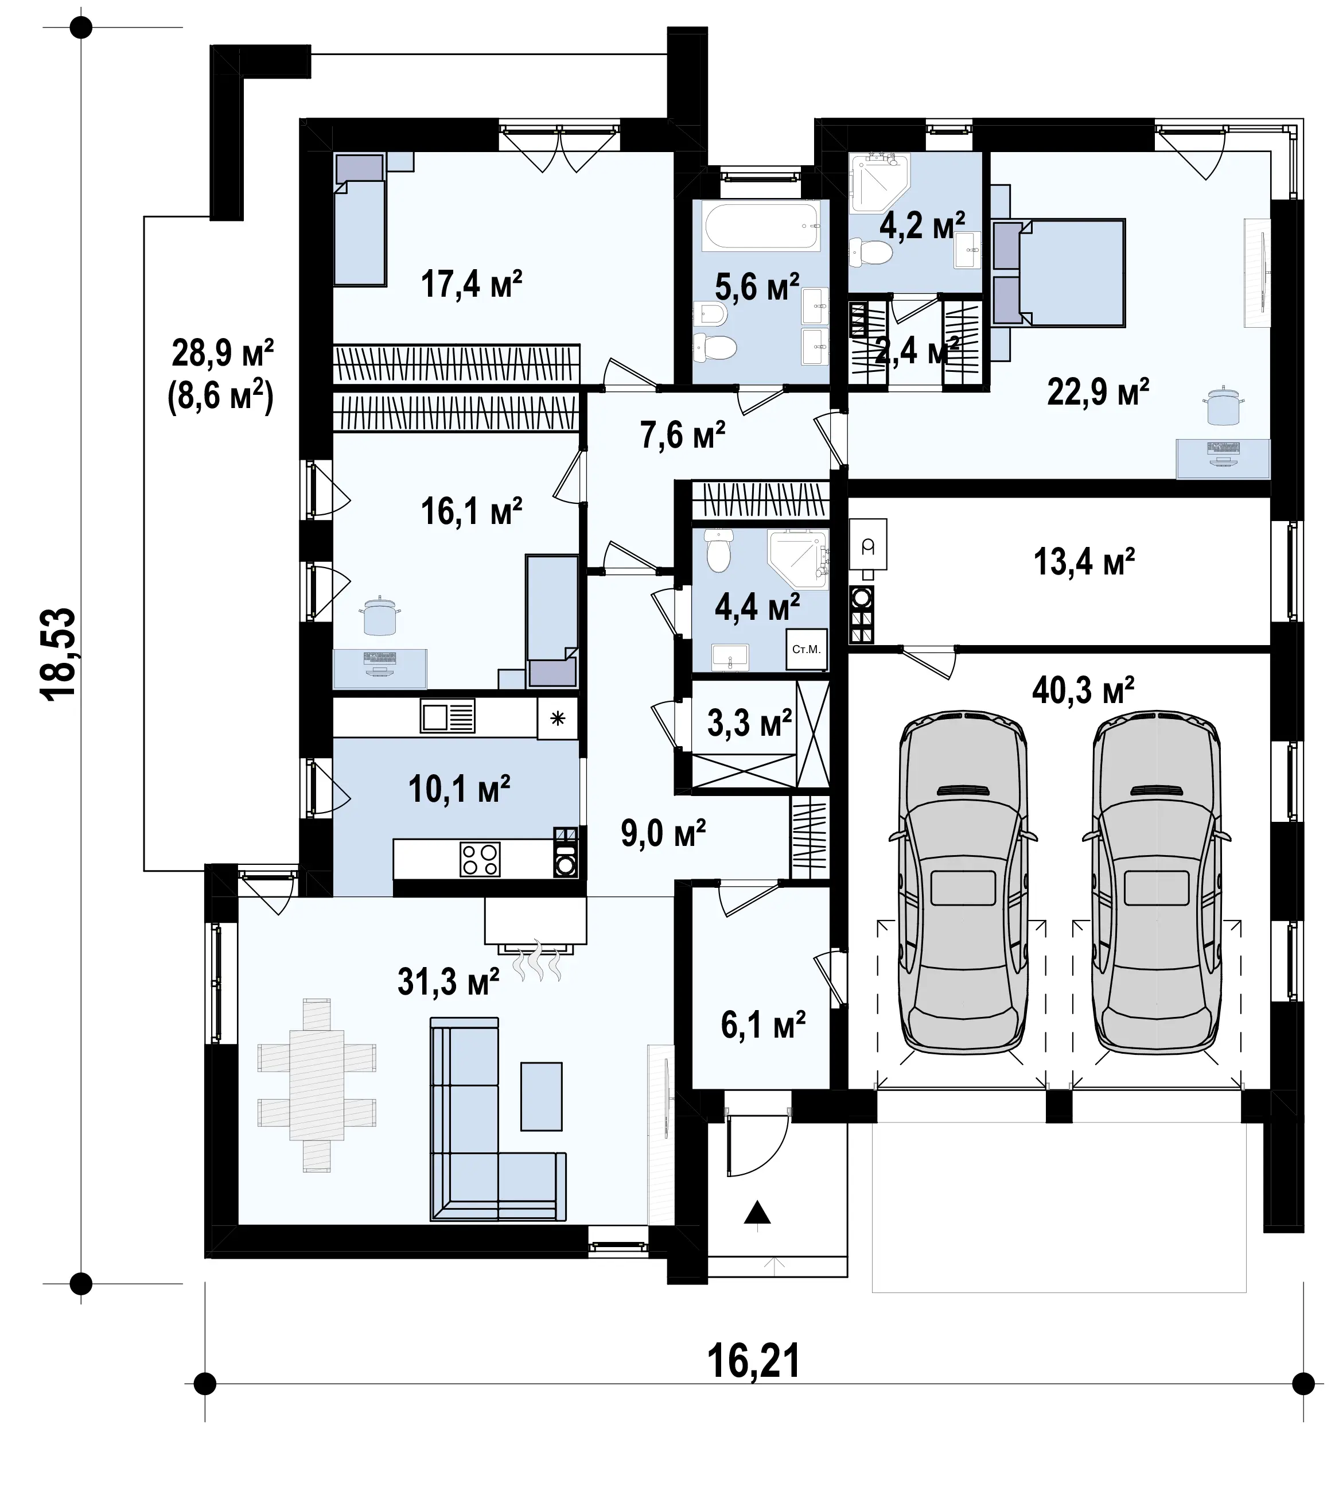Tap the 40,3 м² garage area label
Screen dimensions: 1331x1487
pyautogui.click(x=1083, y=690)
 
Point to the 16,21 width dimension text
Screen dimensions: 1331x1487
pyautogui.click(x=753, y=1361)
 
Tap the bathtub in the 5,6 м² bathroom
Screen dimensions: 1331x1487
pyautogui.click(x=761, y=227)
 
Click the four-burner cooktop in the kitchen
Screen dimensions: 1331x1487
pyautogui.click(x=480, y=859)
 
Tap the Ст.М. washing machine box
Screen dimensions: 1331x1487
pyautogui.click(x=807, y=649)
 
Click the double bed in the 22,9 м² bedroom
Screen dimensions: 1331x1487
pyautogui.click(x=1058, y=272)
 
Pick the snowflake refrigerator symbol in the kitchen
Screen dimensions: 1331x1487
pyautogui.click(x=557, y=719)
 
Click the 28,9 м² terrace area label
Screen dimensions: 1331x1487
pyautogui.click(x=223, y=354)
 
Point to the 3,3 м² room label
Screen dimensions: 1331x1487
pyautogui.click(x=750, y=723)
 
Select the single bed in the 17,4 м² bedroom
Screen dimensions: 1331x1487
pyautogui.click(x=359, y=219)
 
